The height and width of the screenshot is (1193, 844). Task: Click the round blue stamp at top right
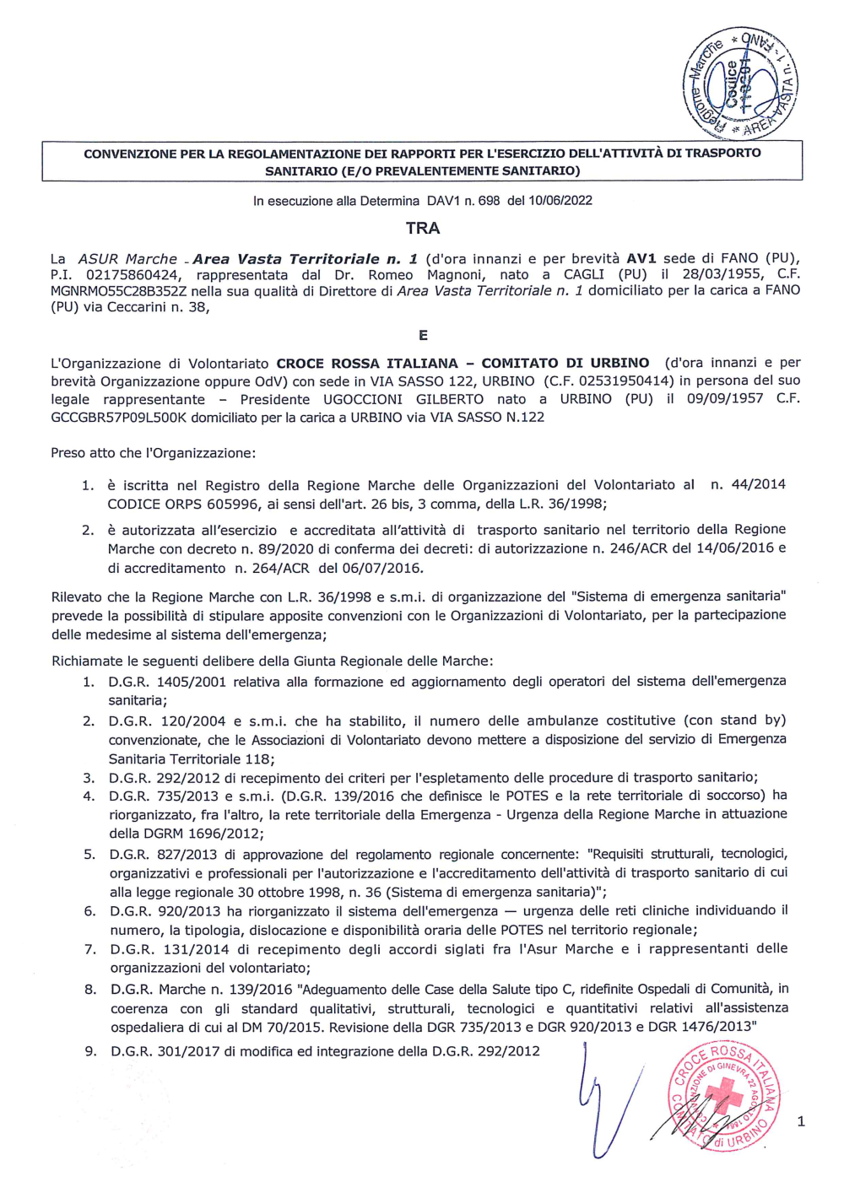[740, 83]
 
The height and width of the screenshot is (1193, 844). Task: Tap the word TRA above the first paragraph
[422, 228]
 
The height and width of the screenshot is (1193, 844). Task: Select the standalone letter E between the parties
[423, 335]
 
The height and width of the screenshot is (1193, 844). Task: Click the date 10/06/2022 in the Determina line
[560, 201]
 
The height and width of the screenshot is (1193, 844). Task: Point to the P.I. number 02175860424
[133, 275]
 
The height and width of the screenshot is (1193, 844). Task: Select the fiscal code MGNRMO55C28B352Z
[118, 291]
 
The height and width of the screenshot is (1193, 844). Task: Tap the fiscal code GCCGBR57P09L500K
[118, 417]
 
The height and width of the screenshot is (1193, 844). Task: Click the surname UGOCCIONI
[363, 399]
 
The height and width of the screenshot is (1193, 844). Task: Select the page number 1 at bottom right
[800, 1121]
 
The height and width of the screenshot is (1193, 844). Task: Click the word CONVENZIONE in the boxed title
[130, 154]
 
